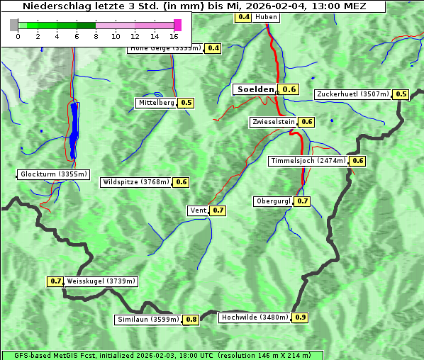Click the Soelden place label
(x=255, y=89)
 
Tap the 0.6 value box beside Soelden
(x=289, y=89)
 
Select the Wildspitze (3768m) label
(x=137, y=182)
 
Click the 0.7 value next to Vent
(x=218, y=210)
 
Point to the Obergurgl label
(x=273, y=201)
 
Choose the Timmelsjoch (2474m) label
(x=308, y=161)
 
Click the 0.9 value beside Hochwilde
(x=300, y=317)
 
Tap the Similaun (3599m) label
(x=148, y=320)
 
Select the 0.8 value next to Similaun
(x=191, y=320)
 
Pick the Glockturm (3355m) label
(x=54, y=174)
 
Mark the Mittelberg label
(x=157, y=103)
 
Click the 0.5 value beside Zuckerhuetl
(x=401, y=94)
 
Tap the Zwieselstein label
(x=273, y=122)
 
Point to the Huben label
(x=266, y=16)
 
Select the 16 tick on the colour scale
(x=174, y=36)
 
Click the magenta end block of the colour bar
(x=177, y=26)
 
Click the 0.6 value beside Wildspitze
(x=182, y=182)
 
